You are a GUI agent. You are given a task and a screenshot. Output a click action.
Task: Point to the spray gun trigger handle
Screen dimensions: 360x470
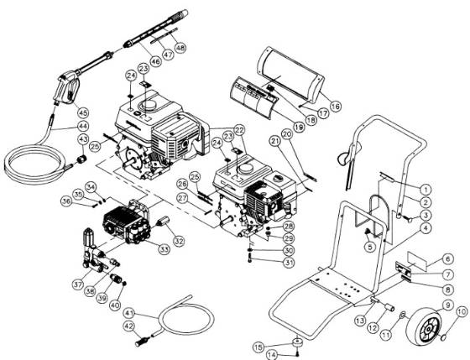coord(63,88)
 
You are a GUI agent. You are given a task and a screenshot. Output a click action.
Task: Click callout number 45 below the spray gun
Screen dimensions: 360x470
coord(82,112)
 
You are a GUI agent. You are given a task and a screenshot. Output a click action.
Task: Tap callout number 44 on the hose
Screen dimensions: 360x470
coord(82,126)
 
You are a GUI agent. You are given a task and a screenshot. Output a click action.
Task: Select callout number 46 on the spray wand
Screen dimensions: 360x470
coord(133,60)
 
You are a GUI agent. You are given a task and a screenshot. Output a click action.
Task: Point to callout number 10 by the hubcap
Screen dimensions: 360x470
coord(461,312)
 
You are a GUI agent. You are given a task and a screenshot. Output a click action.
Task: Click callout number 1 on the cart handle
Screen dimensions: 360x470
coord(426,190)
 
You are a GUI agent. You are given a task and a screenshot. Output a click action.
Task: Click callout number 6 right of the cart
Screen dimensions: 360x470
coord(448,258)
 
